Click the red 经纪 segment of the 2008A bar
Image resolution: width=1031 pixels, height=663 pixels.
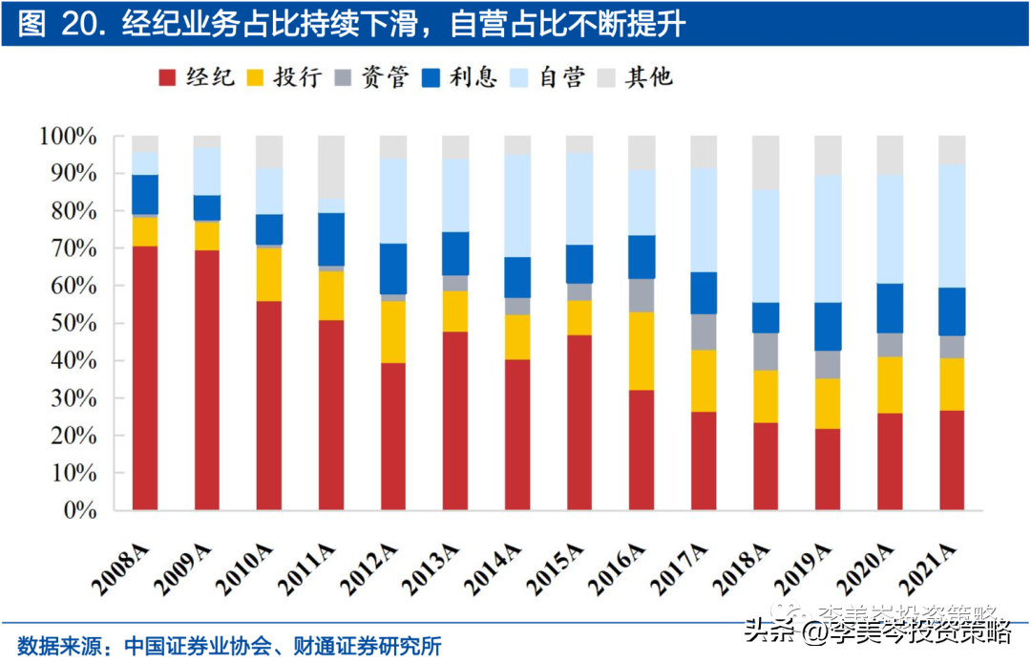point(145,377)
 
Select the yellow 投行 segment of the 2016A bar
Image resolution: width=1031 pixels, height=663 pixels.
point(642,351)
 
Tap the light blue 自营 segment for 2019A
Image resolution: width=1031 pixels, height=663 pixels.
point(828,239)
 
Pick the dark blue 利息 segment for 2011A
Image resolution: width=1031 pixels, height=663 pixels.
point(331,239)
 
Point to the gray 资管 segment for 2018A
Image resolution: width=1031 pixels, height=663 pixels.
point(766,352)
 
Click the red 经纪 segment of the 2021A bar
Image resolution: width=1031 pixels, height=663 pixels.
point(952,460)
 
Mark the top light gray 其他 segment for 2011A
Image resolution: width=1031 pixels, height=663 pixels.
point(331,167)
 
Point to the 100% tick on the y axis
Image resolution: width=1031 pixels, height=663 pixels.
point(68,137)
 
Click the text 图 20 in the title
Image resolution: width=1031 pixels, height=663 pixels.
point(57,24)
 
